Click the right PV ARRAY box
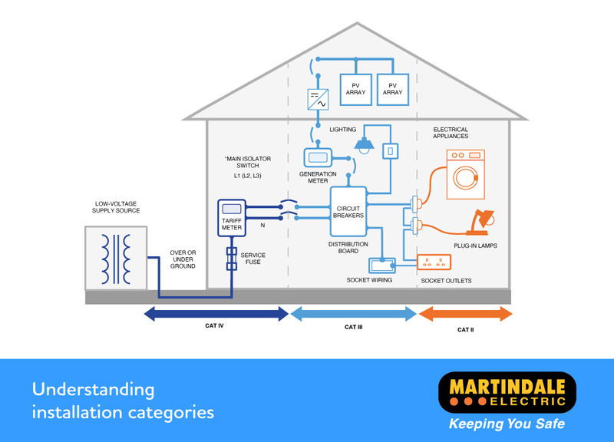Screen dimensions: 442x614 point(392,88)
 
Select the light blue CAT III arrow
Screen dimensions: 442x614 point(353,313)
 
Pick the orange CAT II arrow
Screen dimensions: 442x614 point(465,313)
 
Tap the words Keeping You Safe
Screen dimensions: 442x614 point(507,424)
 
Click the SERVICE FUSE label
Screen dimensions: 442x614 point(253,259)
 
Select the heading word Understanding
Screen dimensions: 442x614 point(93,389)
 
